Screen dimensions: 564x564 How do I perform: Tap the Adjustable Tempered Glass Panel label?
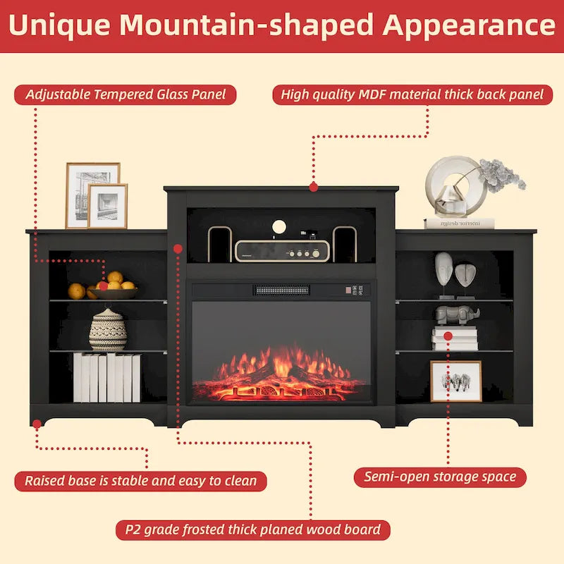click(125, 94)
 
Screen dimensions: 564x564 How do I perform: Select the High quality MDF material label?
click(412, 94)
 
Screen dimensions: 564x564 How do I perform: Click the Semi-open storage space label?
click(440, 477)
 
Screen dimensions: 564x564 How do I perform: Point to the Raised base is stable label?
click(140, 482)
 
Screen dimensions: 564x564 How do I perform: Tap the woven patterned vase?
click(108, 330)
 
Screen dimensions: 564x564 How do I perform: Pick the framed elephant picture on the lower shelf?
click(455, 381)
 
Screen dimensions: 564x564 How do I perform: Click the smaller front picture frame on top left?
click(107, 206)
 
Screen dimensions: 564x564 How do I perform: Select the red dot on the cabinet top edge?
click(313, 187)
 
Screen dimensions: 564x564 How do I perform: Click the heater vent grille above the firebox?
click(282, 290)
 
